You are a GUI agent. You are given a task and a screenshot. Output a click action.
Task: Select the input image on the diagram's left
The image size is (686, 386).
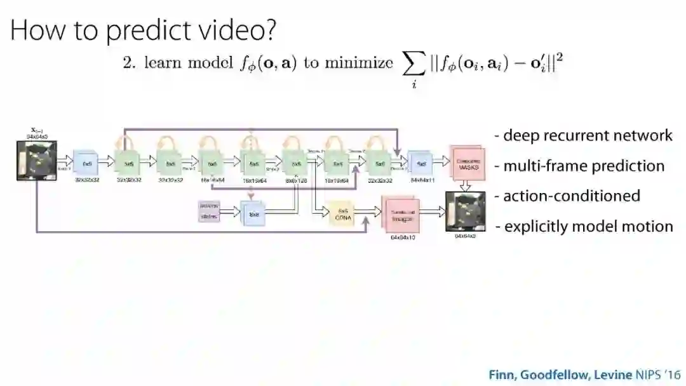point(37,161)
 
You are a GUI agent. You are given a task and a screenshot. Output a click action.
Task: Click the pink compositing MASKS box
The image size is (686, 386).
point(468,163)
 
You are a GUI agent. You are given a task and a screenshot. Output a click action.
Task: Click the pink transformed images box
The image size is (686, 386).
point(400,215)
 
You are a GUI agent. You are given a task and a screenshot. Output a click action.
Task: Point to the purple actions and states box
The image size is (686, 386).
point(210,212)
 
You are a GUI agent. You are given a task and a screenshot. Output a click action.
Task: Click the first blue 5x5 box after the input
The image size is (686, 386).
point(86,163)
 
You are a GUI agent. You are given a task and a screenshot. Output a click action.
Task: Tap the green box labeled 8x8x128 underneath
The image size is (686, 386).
point(296,163)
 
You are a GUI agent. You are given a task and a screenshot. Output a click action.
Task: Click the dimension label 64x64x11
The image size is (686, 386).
point(421,180)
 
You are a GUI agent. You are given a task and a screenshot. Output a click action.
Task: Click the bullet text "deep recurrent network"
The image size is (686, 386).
point(587,135)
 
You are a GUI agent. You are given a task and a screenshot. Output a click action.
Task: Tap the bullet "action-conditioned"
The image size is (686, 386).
point(571,196)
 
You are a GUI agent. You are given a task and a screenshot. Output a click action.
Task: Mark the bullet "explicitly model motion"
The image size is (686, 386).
point(588,226)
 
